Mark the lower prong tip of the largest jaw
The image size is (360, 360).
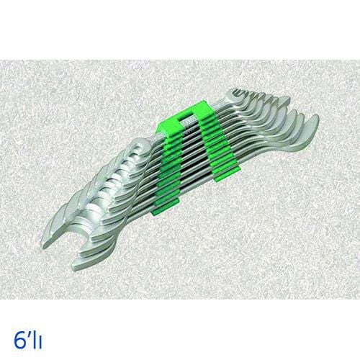[73, 269]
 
